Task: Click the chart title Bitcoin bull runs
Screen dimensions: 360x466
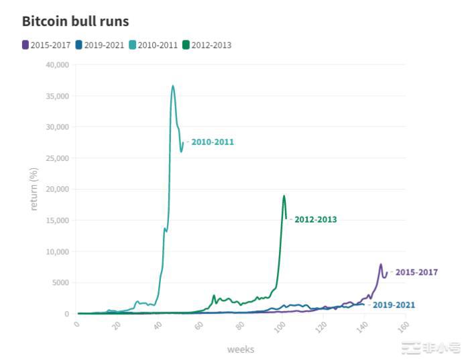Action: pos(75,21)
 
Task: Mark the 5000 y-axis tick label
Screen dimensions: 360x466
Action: pos(59,283)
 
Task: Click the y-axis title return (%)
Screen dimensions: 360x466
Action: pos(34,188)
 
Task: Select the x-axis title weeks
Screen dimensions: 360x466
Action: pos(240,349)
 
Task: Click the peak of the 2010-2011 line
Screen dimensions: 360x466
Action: pos(172,86)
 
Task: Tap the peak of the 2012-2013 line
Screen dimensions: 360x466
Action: pos(284,196)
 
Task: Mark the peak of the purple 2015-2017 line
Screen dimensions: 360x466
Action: pos(381,264)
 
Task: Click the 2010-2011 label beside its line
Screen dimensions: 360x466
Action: pos(213,142)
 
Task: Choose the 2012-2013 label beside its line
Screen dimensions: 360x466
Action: pos(315,219)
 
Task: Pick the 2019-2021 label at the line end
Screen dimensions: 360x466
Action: pos(394,305)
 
